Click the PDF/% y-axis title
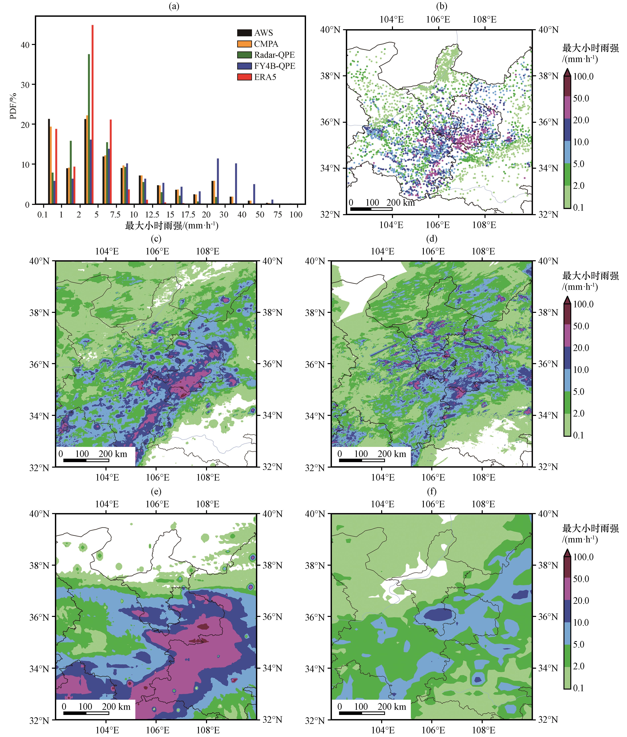coord(13,106)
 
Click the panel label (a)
coord(174,6)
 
